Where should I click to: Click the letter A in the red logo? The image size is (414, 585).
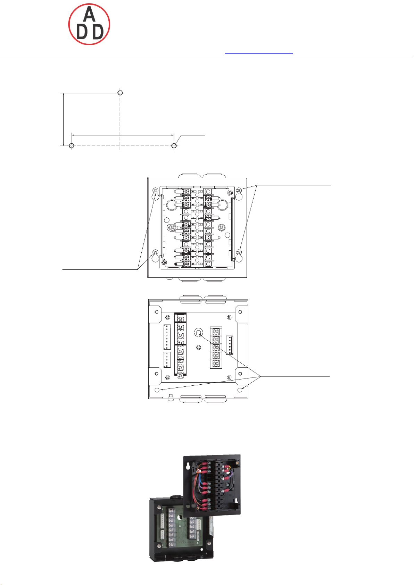(x=89, y=15)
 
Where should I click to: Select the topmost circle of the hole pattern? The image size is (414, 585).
(x=120, y=93)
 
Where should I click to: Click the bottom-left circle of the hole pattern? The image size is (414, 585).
(x=72, y=146)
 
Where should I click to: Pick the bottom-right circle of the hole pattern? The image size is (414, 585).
(x=174, y=146)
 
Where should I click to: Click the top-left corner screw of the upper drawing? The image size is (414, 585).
(x=156, y=191)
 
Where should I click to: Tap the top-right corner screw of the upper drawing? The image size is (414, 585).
(x=239, y=190)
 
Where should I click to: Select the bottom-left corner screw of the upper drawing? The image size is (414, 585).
(x=156, y=252)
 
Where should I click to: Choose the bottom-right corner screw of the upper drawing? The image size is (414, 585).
(x=239, y=252)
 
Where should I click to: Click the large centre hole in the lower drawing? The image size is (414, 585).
(x=198, y=333)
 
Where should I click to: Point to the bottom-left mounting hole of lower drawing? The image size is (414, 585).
(x=157, y=390)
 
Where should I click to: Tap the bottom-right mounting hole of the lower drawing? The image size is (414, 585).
(x=240, y=390)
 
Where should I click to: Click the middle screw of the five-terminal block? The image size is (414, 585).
(x=216, y=348)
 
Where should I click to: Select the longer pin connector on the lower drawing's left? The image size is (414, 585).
(x=167, y=337)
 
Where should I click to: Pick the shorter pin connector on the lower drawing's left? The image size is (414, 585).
(x=167, y=359)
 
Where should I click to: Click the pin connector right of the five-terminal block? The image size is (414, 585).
(x=230, y=345)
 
